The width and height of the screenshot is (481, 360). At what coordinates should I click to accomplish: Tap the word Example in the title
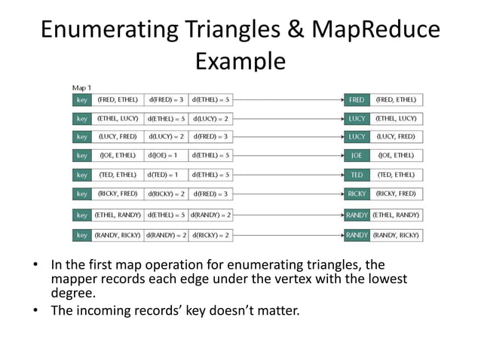[x=240, y=59]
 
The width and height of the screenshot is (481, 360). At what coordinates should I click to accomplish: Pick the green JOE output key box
[x=357, y=156]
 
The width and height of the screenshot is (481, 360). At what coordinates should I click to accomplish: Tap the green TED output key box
[x=357, y=175]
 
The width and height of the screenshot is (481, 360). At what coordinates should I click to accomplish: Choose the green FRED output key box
[x=357, y=99]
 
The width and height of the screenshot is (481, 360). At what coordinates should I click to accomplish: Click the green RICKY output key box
[x=357, y=194]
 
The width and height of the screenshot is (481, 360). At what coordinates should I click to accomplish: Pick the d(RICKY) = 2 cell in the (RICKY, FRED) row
[x=166, y=194]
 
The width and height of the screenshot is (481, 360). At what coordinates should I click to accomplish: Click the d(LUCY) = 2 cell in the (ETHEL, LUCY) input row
[x=211, y=118]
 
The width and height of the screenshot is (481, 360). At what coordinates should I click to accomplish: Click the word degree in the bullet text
[x=73, y=292]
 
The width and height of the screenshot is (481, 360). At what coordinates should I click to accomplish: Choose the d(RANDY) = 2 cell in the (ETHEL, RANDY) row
[x=211, y=215]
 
